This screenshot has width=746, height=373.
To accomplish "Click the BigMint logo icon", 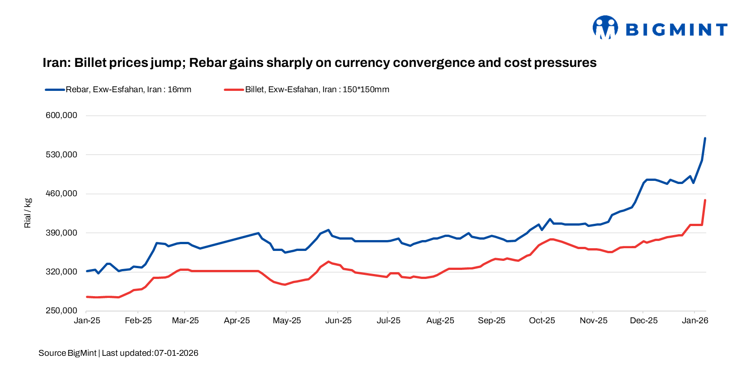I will pos(605,28).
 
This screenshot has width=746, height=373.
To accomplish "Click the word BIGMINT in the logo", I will pos(676,30).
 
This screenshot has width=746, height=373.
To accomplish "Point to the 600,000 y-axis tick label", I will pos(61,115).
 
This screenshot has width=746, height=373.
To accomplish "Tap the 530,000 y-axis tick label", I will pos(61,155).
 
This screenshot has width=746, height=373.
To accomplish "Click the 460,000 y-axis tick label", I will pos(61,194).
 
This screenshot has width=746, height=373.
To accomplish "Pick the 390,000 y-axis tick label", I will pos(61,233).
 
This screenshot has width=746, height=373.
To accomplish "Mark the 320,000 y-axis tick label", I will pos(61,272).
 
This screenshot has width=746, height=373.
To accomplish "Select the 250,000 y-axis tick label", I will pos(61,311).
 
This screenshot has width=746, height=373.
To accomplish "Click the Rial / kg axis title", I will pos(28,213).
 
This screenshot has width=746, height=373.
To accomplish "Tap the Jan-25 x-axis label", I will pos(87,321).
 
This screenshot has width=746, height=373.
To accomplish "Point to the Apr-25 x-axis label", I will pos(237,321).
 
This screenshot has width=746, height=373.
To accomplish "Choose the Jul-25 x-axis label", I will pos(388,321).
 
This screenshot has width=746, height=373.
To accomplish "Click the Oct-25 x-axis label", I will pos(542,321).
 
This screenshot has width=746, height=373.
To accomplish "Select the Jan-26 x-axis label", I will pos(695,321).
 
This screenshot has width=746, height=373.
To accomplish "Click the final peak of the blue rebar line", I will pos(705,138).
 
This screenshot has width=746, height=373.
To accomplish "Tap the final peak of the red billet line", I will pos(705,200).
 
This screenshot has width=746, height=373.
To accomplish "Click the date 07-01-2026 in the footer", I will pos(176,353).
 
